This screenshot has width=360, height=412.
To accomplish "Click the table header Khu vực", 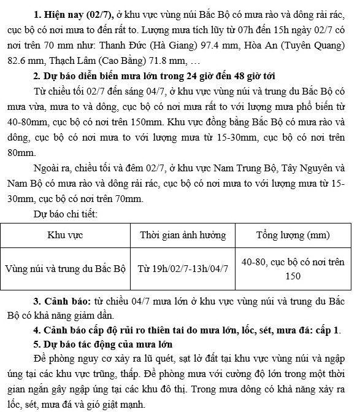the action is pos(66,235).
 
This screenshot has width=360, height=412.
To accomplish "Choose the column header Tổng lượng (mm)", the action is pos(293,235).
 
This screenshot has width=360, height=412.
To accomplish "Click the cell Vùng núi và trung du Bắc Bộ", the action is pos(66,269).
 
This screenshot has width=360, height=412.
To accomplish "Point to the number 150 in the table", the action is pos(293,276).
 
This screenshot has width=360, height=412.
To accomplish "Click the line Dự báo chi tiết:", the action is pos(66,214).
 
